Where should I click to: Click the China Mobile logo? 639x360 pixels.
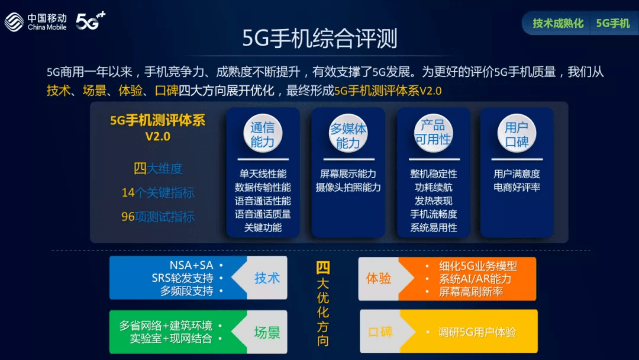(35, 21)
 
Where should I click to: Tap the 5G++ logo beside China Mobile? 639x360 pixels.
(91, 21)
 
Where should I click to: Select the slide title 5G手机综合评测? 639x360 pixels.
(319, 38)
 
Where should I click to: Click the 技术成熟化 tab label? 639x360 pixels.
(558, 24)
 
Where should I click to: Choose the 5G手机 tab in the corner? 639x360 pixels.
(612, 24)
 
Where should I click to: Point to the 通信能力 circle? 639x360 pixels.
(263, 134)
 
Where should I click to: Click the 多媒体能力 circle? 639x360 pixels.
(348, 134)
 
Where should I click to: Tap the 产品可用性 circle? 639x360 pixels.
(433, 133)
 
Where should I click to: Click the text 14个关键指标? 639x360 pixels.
(158, 193)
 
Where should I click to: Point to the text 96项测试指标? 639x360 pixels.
(158, 217)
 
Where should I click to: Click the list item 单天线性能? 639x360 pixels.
(263, 174)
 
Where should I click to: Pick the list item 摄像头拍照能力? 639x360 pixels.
(348, 188)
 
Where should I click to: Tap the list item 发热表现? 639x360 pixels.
(433, 201)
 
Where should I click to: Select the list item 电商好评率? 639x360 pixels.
(517, 188)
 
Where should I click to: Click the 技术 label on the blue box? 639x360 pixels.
(267, 278)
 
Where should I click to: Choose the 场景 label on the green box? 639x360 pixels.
(267, 333)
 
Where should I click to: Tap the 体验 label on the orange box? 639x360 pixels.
(379, 279)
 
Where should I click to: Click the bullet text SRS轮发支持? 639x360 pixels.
(182, 278)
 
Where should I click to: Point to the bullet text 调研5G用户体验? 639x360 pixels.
(477, 333)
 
